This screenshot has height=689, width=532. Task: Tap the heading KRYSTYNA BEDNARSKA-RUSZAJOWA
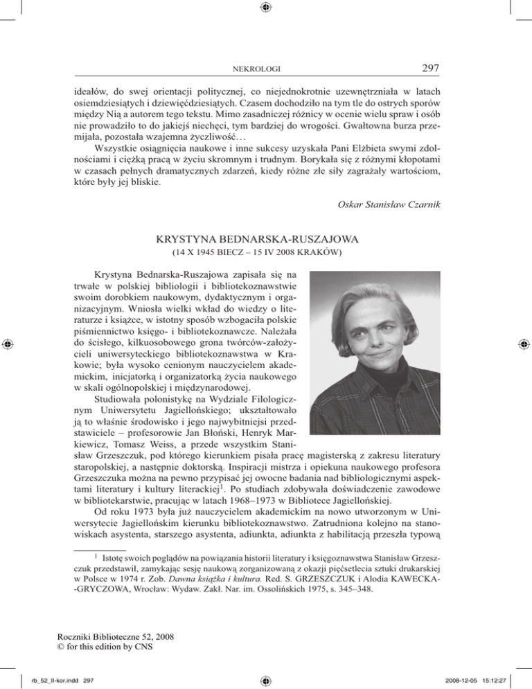tap(266, 240)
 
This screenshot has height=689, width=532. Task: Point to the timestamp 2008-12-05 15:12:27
tap(482, 680)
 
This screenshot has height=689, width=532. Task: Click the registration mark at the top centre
tap(266, 8)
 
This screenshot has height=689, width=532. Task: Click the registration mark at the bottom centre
tap(266, 680)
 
